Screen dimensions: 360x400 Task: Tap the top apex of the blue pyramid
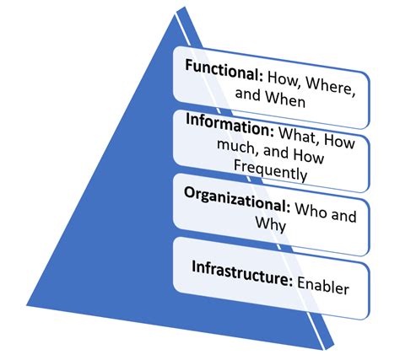pyautogui.click(x=180, y=10)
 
